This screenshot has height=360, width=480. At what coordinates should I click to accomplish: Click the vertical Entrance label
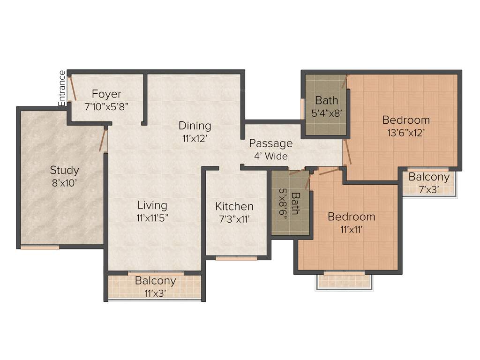click(x=62, y=88)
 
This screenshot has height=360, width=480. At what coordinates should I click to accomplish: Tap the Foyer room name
click(x=106, y=94)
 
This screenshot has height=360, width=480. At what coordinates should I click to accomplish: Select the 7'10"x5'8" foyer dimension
click(x=106, y=106)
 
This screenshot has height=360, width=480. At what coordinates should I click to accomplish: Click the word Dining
click(x=195, y=126)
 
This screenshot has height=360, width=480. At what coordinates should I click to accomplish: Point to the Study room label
click(x=65, y=170)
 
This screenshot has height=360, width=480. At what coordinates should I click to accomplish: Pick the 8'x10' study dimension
click(x=65, y=182)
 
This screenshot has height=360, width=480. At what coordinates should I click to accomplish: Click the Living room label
click(x=152, y=205)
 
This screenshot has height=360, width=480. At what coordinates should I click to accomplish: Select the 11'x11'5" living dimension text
click(x=152, y=217)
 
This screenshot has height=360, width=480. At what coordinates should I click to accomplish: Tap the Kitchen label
click(x=234, y=206)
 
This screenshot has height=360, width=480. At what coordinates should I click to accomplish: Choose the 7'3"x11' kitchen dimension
click(x=234, y=218)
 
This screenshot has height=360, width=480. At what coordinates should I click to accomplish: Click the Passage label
click(x=270, y=143)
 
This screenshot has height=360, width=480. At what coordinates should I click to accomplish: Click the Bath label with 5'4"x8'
click(x=326, y=100)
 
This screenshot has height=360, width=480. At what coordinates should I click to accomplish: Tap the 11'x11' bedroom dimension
click(x=351, y=230)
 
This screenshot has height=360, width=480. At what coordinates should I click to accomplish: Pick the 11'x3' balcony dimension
click(x=155, y=293)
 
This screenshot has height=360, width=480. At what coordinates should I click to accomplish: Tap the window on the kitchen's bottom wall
click(x=236, y=258)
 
